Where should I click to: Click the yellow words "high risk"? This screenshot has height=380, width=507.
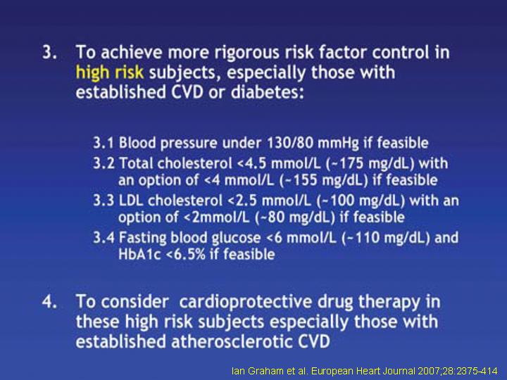[x=109, y=72]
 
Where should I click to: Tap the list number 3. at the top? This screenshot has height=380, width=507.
[x=50, y=53]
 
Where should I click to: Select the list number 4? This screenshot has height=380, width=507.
[x=50, y=301]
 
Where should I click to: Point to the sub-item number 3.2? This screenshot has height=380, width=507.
[x=104, y=163]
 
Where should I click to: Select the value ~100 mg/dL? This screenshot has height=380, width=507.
[x=361, y=201]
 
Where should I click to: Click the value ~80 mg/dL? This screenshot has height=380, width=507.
[x=295, y=217]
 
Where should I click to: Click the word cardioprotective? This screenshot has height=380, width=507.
[x=246, y=302]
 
